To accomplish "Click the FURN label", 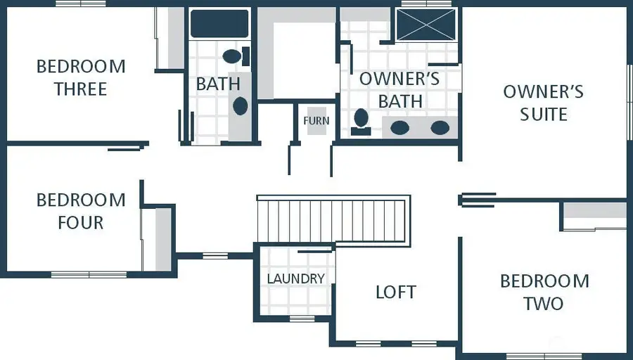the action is pos(316,121).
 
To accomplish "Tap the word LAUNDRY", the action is pos(295,278).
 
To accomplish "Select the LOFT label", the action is pos(395,292).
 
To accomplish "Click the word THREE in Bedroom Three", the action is pos(81,89).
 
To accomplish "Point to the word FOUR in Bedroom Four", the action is pos(81,222).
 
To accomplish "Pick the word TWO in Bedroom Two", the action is pos(544,304).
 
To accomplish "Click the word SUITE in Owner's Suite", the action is pos(544,114).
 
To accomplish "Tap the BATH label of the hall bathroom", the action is pos(218,84).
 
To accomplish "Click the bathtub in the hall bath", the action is pos(219,24).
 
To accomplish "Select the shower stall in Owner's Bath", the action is pos(426,25).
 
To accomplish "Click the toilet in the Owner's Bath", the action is pos(361,122).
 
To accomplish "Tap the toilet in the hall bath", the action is pos(236,56).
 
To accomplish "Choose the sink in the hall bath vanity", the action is pos(241,106).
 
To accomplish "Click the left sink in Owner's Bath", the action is pos(399,128).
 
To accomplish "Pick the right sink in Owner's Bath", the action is pos(440,128).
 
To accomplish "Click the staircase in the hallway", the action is pos(333,220).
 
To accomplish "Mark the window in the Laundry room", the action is pos(302,319).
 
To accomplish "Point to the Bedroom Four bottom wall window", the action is pos(89,275).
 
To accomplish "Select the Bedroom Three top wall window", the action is pos(81,4).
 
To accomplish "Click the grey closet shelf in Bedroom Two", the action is pos(594,210).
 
